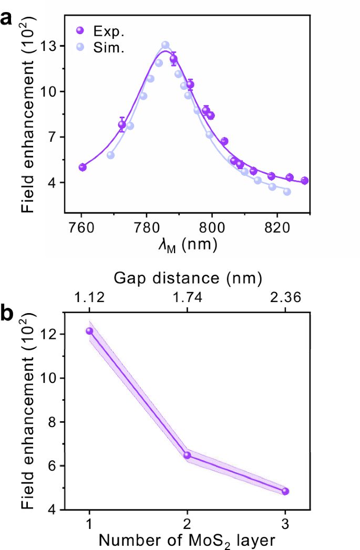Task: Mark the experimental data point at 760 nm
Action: (x=83, y=167)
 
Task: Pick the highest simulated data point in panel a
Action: (x=166, y=45)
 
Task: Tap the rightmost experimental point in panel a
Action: (x=304, y=181)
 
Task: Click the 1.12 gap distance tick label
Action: (x=90, y=297)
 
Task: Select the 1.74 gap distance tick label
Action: (x=187, y=297)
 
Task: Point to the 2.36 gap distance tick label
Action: (x=285, y=297)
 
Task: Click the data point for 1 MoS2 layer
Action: (x=90, y=331)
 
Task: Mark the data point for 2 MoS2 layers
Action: (x=187, y=455)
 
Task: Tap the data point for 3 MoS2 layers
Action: (x=285, y=491)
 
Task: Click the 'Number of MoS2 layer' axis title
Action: (x=187, y=539)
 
